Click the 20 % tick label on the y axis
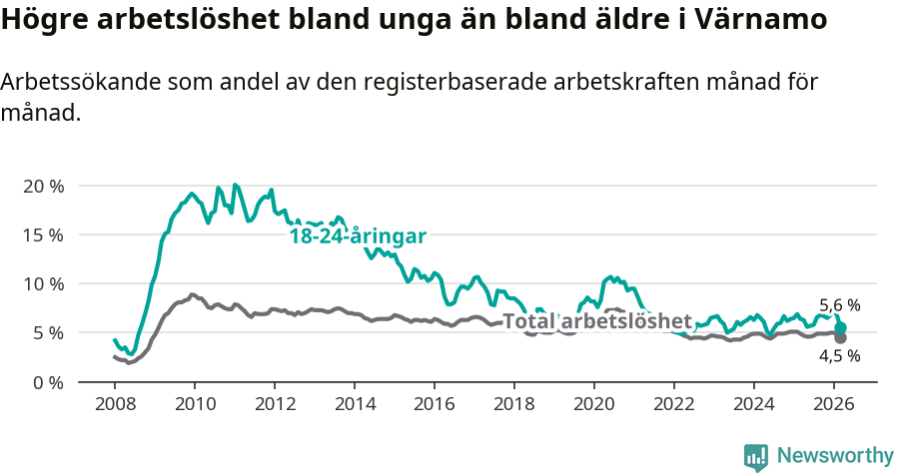tap(42, 187)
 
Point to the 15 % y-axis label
tap(42, 236)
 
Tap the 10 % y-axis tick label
tap(42, 284)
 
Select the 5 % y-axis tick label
tap(47, 333)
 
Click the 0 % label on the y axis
tap(47, 382)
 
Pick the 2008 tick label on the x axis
tap(115, 403)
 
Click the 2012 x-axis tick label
tap(275, 403)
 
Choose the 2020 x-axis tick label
tap(594, 403)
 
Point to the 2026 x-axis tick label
tap(834, 403)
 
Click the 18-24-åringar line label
tap(358, 236)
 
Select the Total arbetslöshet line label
tap(596, 321)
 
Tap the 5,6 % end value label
tap(839, 306)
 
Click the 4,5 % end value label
tap(839, 356)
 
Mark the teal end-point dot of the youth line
tap(840, 327)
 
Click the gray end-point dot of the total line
tap(840, 338)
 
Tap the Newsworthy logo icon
tap(756, 456)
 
